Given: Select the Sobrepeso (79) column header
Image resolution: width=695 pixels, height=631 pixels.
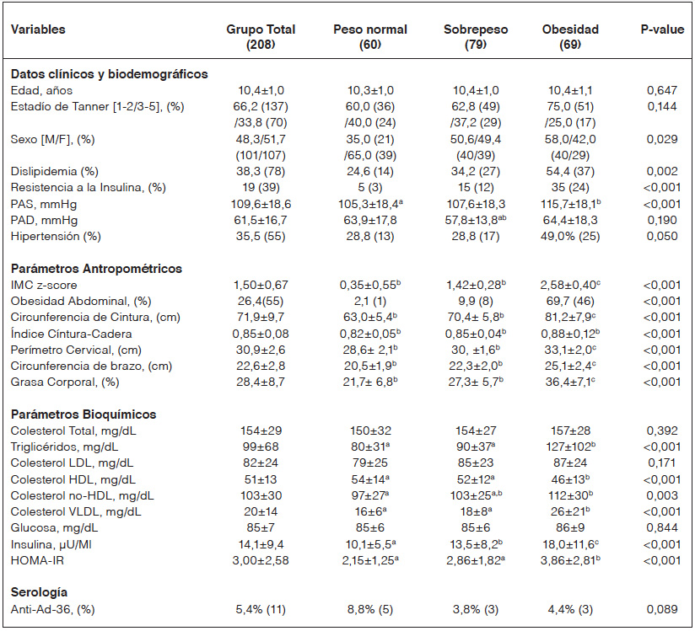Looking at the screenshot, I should point(476,36).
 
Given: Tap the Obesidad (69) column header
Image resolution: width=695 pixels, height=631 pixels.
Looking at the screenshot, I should point(570,36).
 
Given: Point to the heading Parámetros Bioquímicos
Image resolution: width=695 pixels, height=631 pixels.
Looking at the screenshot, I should point(84,414).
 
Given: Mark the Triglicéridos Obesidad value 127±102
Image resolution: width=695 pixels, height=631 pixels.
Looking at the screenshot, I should point(570,446).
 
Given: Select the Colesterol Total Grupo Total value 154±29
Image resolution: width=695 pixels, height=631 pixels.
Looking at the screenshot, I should point(261,430).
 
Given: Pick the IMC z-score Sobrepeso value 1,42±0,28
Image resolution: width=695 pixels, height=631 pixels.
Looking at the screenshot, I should point(476,285).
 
